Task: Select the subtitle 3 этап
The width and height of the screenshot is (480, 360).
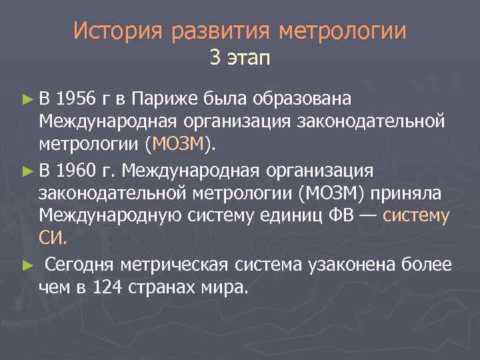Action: pyautogui.click(x=240, y=59)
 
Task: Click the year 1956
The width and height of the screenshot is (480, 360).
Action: pyautogui.click(x=77, y=99)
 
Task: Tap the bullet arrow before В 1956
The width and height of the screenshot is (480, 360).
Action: pyautogui.click(x=27, y=100)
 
